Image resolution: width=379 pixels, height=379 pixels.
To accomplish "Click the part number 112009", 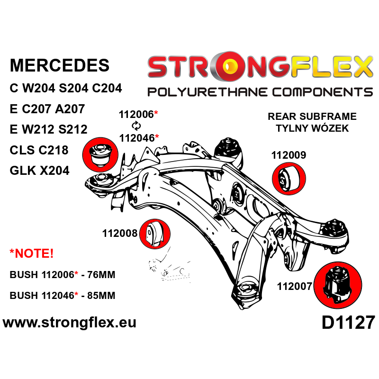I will coord(289,155).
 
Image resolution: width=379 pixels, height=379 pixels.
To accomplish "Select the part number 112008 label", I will coord(119,233).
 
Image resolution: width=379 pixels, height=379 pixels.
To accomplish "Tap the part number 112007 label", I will coord(294,286).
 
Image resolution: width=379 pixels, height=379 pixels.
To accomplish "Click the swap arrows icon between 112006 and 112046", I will coord(136,126).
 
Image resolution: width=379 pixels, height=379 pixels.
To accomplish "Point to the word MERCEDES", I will coord(59,65).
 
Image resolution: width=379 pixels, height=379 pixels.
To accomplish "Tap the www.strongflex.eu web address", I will coord(70,323).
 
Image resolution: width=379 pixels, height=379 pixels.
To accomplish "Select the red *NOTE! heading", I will coord(32,253).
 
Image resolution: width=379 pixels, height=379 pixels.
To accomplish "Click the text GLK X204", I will coord(40,170).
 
